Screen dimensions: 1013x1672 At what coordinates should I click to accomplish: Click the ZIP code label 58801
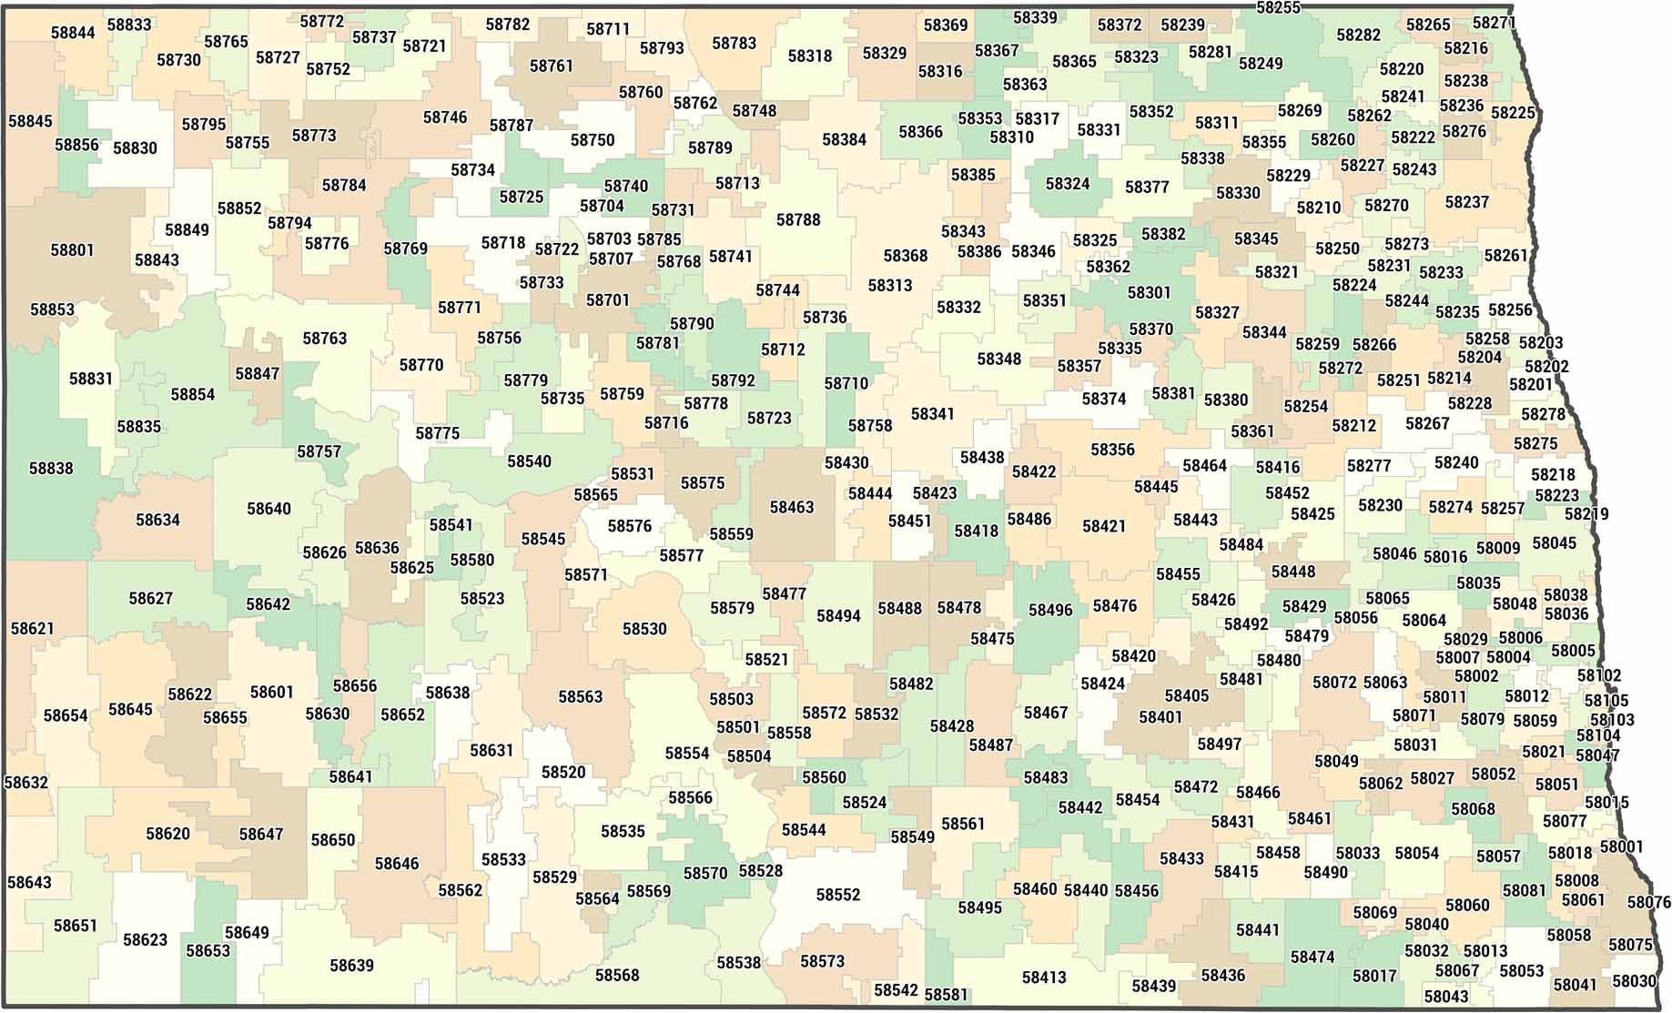[x=72, y=249]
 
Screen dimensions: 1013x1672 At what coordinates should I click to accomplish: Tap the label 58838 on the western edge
[x=51, y=468]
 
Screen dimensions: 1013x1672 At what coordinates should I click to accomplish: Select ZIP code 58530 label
[x=644, y=629]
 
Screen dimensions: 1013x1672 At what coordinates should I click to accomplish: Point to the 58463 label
[x=792, y=507]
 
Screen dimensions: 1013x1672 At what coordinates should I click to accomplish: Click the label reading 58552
[x=838, y=895]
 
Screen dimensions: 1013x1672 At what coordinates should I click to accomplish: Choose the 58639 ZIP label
[x=351, y=965]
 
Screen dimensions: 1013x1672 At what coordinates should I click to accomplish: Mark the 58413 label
[x=1044, y=978]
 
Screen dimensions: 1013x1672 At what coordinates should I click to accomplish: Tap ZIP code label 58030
[x=1634, y=981]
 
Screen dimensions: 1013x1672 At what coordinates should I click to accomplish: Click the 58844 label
[x=73, y=33]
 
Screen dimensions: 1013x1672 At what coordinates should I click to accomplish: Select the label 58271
[x=1494, y=23]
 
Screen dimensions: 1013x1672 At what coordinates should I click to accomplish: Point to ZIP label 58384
[x=844, y=139]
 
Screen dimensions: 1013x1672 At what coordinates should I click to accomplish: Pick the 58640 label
[x=269, y=509]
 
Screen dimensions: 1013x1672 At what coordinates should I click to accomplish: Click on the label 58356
[x=1112, y=450]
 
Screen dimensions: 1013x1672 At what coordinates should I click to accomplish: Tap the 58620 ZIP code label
[x=168, y=834]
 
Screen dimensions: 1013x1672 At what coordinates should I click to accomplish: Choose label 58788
[x=798, y=219]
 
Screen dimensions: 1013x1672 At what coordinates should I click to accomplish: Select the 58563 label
[x=581, y=697]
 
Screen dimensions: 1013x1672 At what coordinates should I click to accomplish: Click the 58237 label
[x=1467, y=202]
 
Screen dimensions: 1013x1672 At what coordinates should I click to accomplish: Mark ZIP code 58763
[x=325, y=339]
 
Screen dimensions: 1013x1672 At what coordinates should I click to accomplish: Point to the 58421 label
[x=1104, y=526]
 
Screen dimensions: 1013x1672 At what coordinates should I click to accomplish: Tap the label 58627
[x=150, y=598]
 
